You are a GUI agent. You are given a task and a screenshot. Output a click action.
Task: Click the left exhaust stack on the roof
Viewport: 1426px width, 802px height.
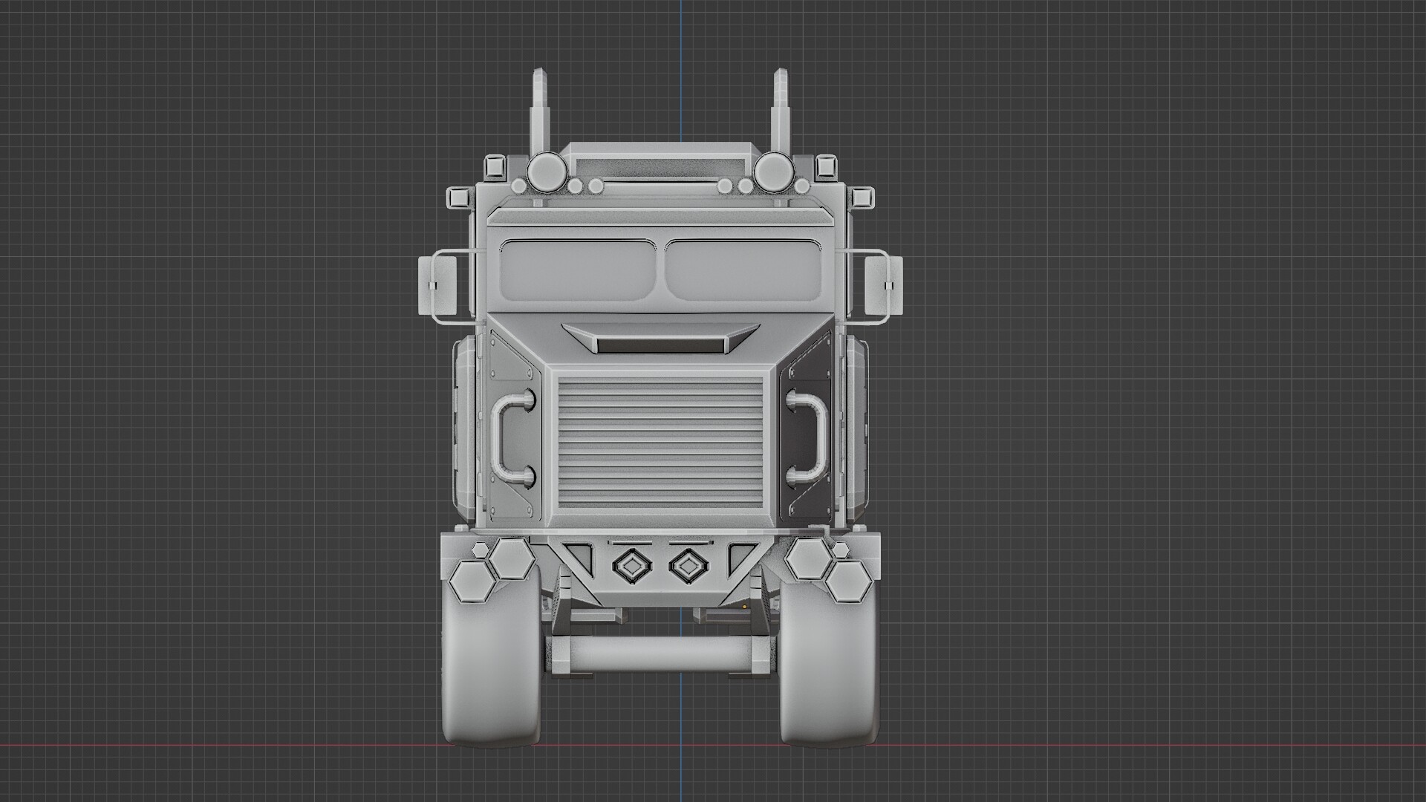coord(540,111)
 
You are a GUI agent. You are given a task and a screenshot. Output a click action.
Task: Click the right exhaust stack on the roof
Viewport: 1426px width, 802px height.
coord(781,111)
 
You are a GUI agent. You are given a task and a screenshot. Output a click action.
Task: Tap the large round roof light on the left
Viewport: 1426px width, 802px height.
coord(544,171)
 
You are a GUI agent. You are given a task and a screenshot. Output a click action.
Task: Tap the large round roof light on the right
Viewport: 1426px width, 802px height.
coord(773,171)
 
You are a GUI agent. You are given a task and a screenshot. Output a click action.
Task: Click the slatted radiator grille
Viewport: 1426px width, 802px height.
coord(660,443)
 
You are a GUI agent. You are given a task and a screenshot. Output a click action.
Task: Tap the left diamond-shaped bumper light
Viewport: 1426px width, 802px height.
coord(631,567)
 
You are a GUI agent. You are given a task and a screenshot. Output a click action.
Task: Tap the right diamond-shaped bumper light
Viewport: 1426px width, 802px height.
coord(688,567)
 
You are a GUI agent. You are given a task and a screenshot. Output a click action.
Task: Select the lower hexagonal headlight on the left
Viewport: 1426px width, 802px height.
coord(472,581)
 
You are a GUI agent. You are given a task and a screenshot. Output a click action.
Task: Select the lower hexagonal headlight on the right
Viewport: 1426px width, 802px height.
coord(849,581)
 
